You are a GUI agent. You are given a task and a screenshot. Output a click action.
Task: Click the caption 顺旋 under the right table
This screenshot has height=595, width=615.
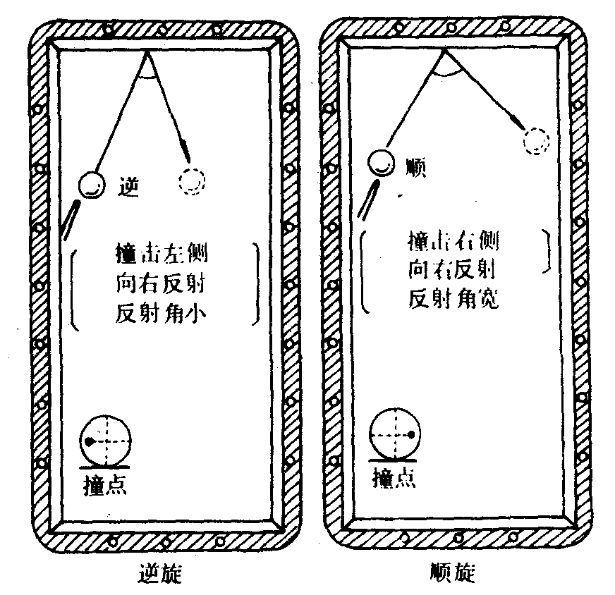coord(452,573)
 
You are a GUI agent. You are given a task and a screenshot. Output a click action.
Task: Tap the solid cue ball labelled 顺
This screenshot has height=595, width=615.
coord(381,164)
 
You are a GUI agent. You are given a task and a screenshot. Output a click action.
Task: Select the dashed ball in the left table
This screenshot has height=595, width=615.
coord(191,180)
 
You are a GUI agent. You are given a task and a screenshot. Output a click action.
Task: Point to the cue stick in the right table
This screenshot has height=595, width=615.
coord(371,199)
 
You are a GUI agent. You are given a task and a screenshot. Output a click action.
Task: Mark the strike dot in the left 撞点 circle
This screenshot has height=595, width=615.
coord(90,441)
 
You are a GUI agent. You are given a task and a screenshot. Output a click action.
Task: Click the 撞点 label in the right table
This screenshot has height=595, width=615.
coord(394,478)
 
